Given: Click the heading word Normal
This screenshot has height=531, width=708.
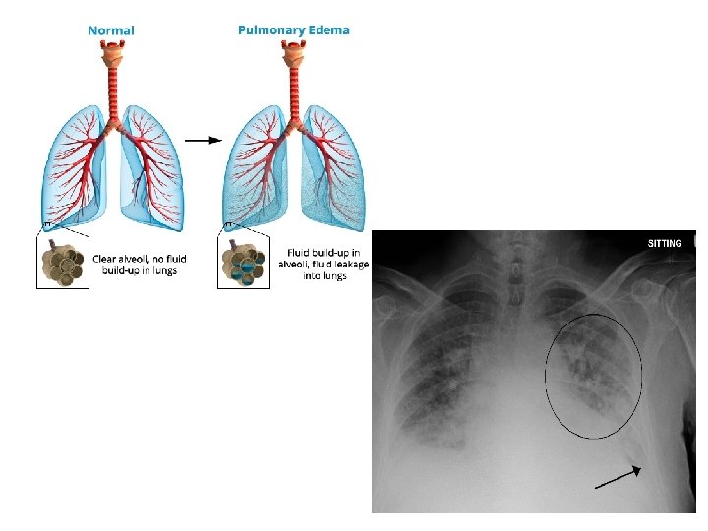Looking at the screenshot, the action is coord(111,30).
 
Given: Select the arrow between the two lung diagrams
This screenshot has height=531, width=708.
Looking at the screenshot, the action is coord(203,140).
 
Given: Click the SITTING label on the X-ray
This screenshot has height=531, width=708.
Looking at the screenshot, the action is coord(665,243).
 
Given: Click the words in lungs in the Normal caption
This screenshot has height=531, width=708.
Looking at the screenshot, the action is coord(160,270).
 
